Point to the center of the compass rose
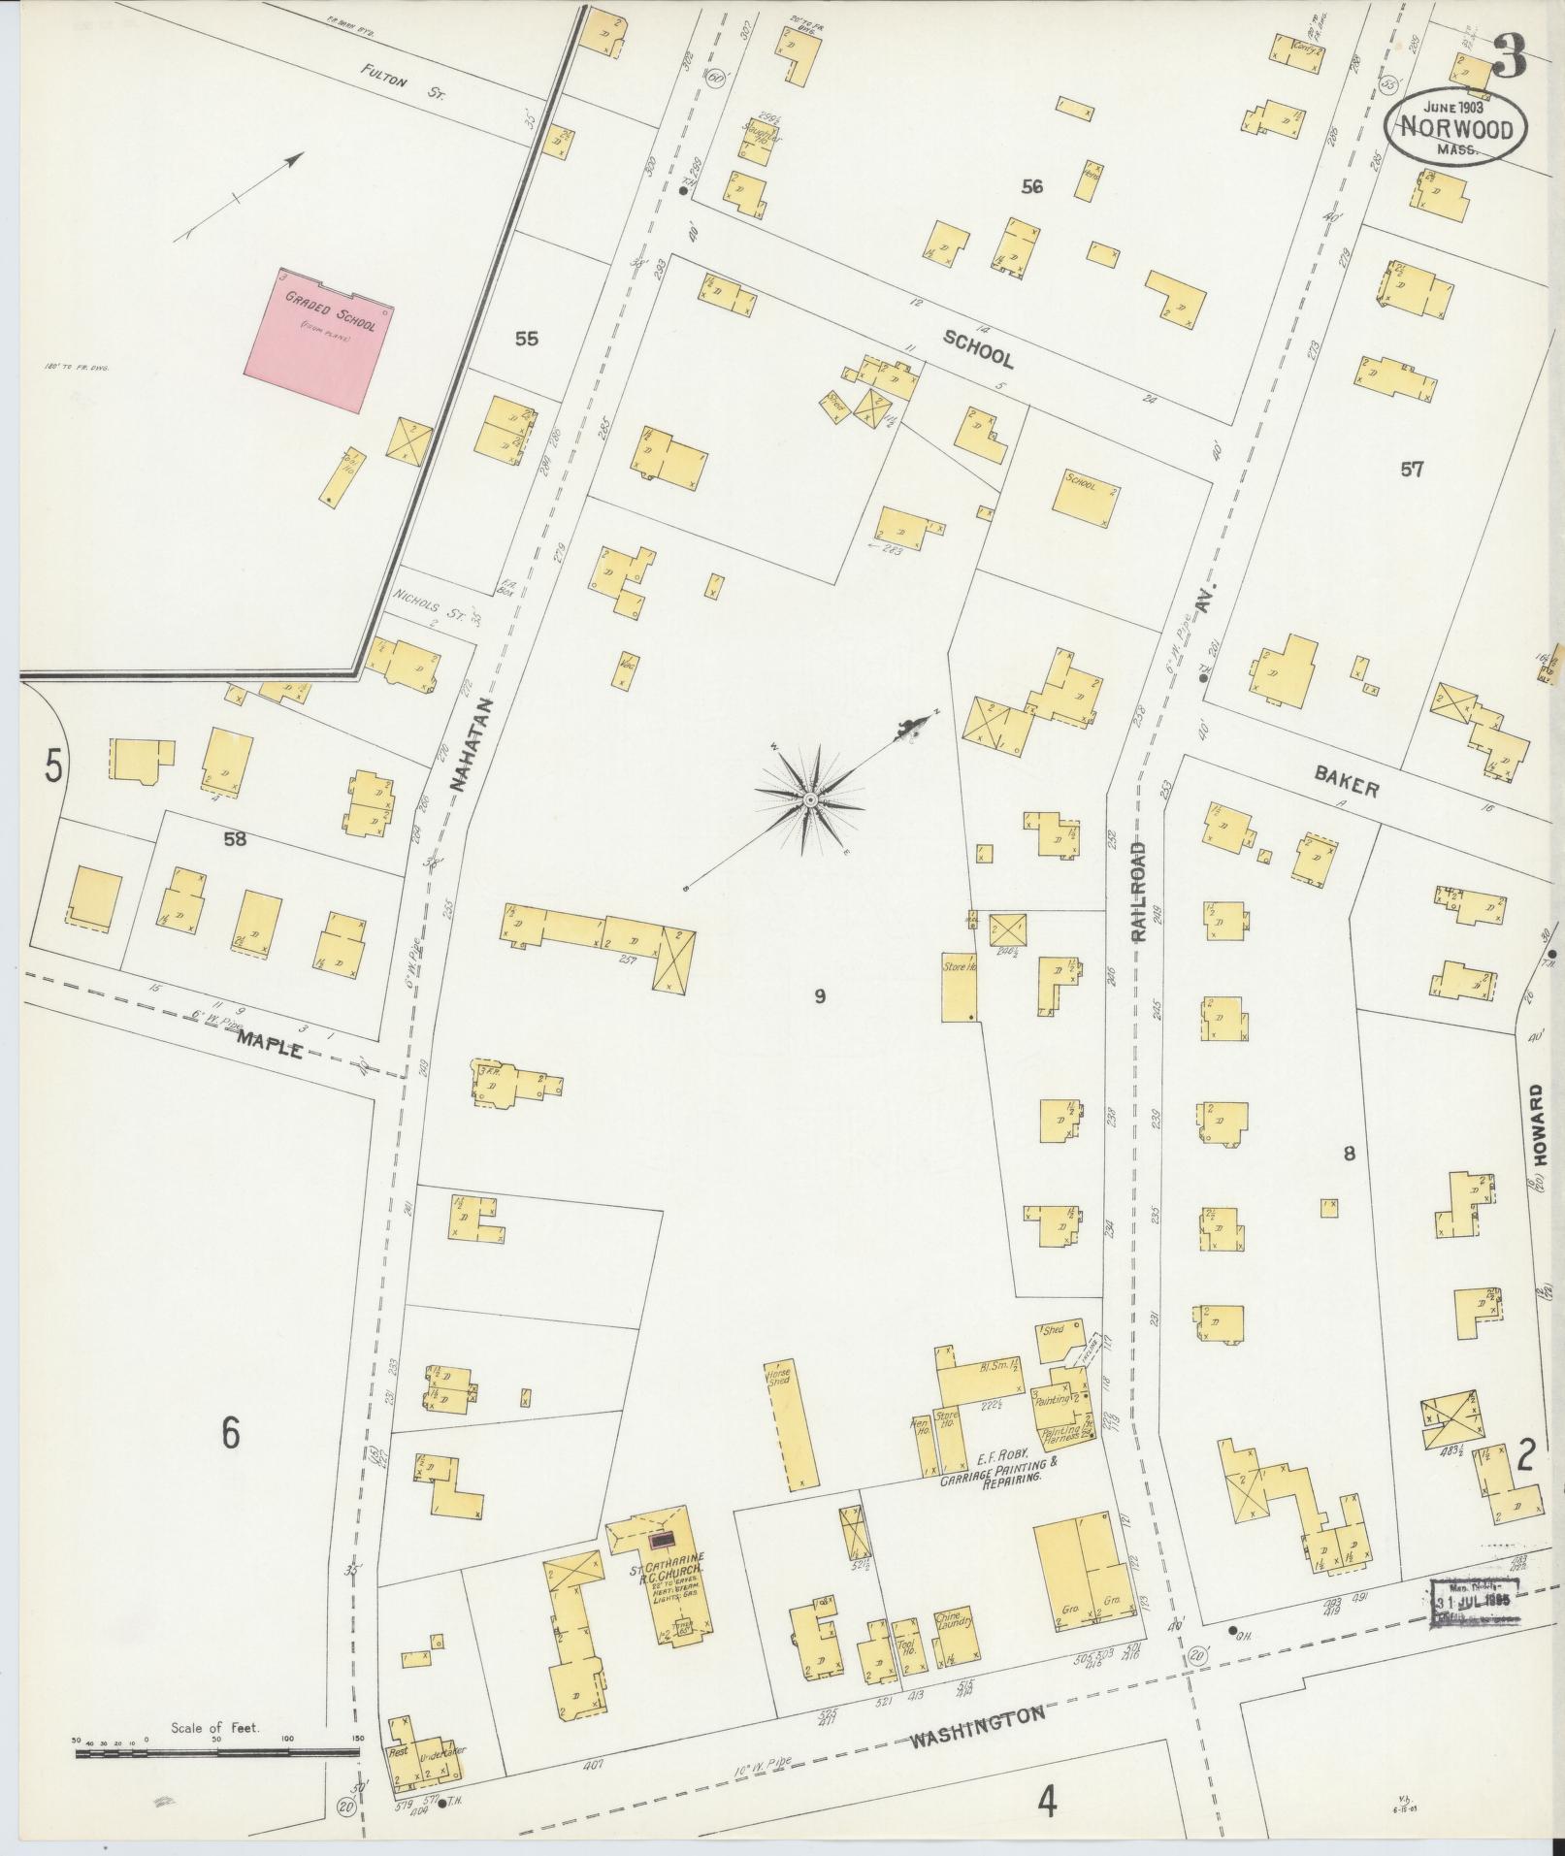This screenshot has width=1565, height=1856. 808,799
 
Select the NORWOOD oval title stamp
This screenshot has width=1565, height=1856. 1454,128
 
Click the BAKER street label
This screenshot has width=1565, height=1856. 1346,782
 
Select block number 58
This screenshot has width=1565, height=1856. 234,839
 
